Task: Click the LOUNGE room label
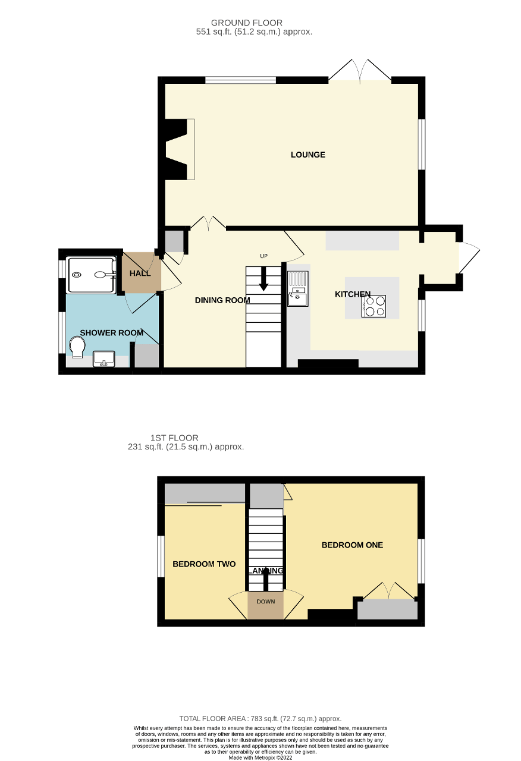[307, 155]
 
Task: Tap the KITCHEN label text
[353, 294]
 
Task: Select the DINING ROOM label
[222, 300]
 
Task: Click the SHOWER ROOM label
[111, 333]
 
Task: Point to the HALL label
[140, 273]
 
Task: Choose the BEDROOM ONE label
[352, 545]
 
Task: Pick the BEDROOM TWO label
[204, 564]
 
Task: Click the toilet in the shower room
[77, 348]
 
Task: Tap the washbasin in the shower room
[104, 359]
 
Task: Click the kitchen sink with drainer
[297, 288]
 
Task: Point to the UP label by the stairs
[264, 256]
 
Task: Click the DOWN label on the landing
[266, 602]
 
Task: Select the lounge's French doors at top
[360, 70]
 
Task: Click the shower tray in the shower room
[91, 275]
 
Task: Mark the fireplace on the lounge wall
[179, 149]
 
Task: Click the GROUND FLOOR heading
[255, 23]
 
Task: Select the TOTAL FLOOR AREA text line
[260, 719]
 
